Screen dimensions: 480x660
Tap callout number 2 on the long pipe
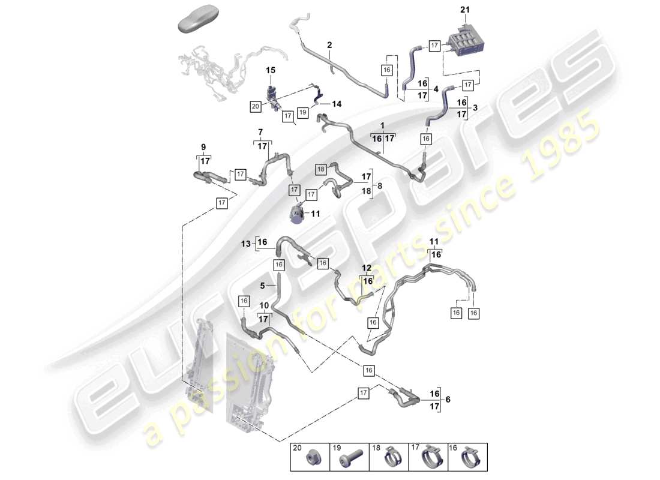(329, 45)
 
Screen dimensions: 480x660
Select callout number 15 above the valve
(271, 71)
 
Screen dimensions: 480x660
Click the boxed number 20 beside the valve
(256, 106)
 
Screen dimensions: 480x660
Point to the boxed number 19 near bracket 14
(303, 112)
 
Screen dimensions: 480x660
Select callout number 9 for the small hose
(203, 147)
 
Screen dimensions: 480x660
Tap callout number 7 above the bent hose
(260, 131)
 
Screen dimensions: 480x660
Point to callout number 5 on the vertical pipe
(262, 286)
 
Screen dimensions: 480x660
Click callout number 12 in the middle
(367, 267)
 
